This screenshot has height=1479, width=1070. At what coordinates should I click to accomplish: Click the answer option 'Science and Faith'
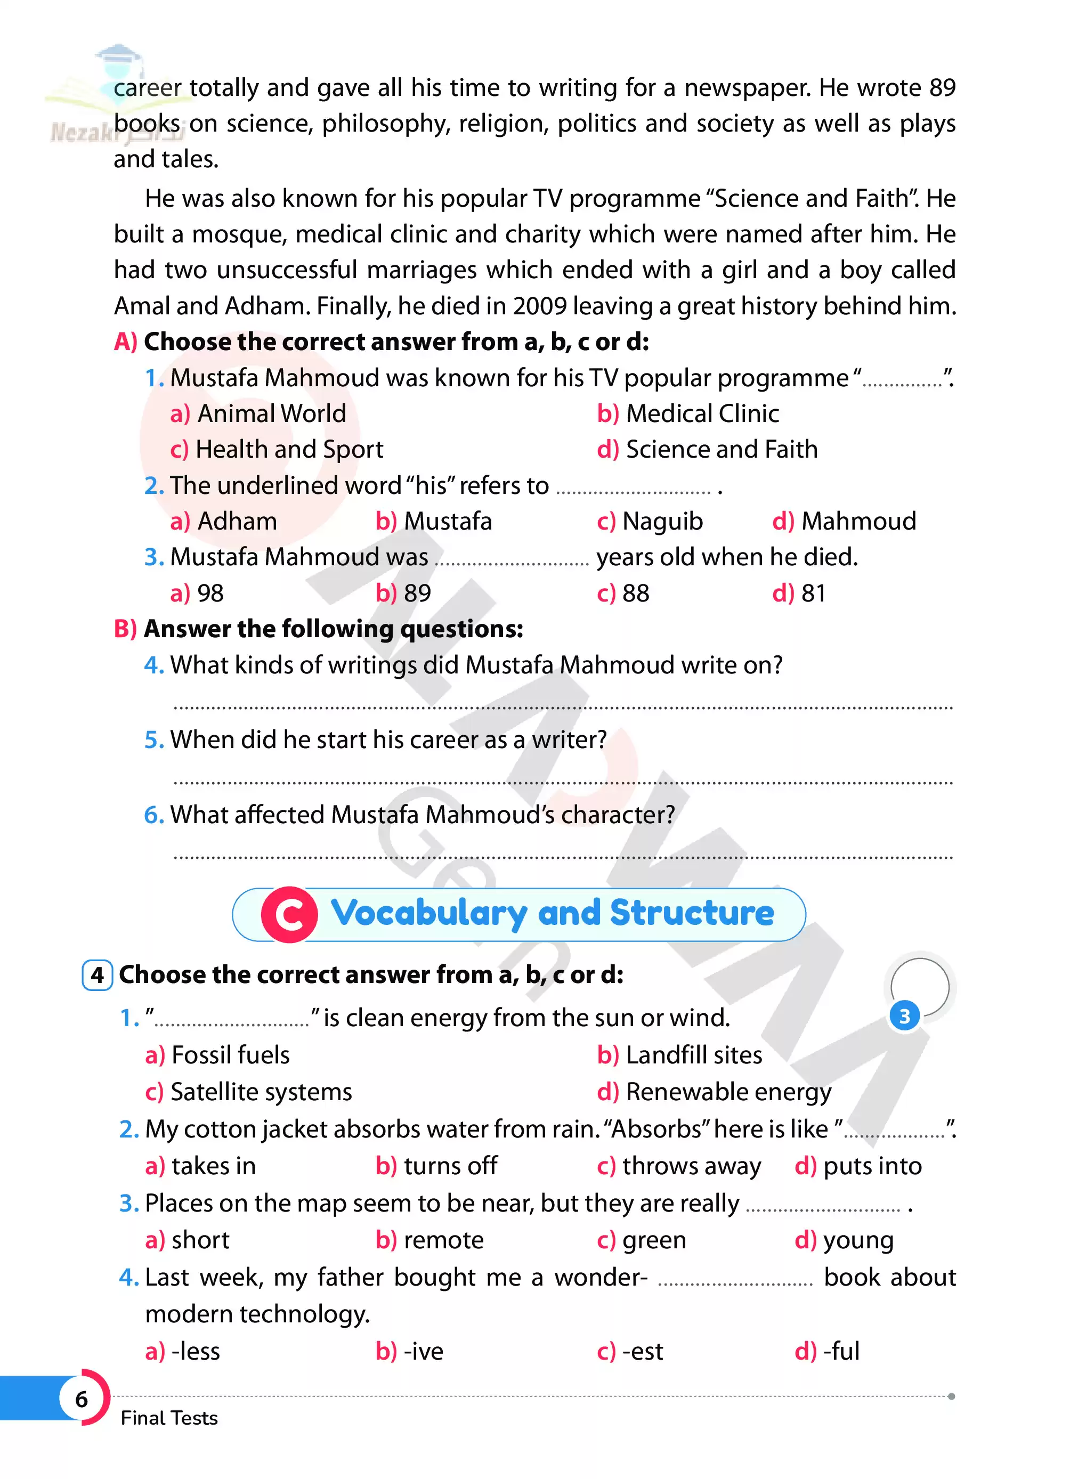click(x=721, y=449)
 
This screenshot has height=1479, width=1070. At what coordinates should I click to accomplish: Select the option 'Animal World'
click(x=271, y=413)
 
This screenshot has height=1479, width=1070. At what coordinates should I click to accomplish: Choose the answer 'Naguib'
click(x=662, y=521)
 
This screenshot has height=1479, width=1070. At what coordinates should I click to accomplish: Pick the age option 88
click(x=636, y=593)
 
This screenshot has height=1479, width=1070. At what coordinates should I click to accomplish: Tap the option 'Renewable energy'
click(x=728, y=1092)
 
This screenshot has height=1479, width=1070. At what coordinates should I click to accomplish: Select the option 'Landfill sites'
click(x=694, y=1054)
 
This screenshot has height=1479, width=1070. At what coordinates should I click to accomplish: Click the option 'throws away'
click(x=691, y=1166)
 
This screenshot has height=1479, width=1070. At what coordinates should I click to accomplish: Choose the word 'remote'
click(x=443, y=1240)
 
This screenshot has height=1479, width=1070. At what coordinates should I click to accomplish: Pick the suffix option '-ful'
click(x=841, y=1351)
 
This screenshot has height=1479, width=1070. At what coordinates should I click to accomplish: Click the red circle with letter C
click(x=289, y=914)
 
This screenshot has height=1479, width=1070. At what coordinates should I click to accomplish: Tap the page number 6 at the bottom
click(x=82, y=1398)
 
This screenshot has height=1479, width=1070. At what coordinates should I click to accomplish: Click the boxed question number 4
click(x=97, y=975)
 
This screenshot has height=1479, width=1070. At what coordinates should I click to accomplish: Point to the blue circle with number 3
click(x=904, y=1015)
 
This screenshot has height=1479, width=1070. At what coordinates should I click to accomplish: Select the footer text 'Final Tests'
click(x=169, y=1418)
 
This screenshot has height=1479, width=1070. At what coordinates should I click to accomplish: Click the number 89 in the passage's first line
click(x=942, y=87)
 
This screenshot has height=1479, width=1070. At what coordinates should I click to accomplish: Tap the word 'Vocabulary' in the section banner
click(x=428, y=913)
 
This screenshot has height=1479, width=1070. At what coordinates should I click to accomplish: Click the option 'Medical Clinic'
click(x=702, y=413)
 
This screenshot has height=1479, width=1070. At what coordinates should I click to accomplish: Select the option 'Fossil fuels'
click(x=230, y=1054)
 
